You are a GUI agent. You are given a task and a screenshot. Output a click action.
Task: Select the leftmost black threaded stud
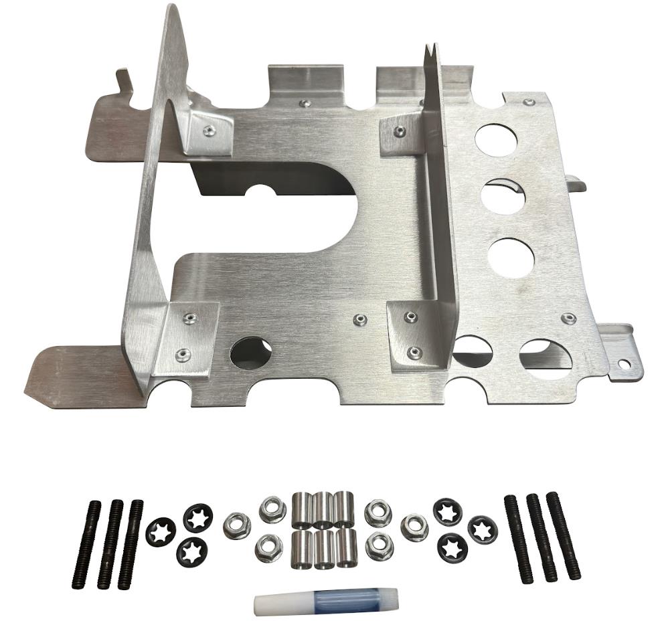(x=87, y=545)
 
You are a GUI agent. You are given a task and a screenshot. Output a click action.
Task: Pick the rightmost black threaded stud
(x=564, y=535)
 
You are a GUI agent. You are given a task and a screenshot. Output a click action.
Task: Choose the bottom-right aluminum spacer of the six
(x=347, y=547)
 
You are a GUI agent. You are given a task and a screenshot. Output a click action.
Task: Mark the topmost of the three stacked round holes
(x=496, y=139)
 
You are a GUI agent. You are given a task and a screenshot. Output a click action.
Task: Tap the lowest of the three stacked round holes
(x=511, y=257)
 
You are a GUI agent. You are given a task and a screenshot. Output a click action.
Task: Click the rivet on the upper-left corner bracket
(x=210, y=130)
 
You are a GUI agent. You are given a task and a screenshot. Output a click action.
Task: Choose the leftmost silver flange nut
(x=237, y=525)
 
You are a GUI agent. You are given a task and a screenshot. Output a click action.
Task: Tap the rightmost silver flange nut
(x=414, y=527)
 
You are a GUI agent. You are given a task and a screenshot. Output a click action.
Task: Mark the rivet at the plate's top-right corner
(x=529, y=102)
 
